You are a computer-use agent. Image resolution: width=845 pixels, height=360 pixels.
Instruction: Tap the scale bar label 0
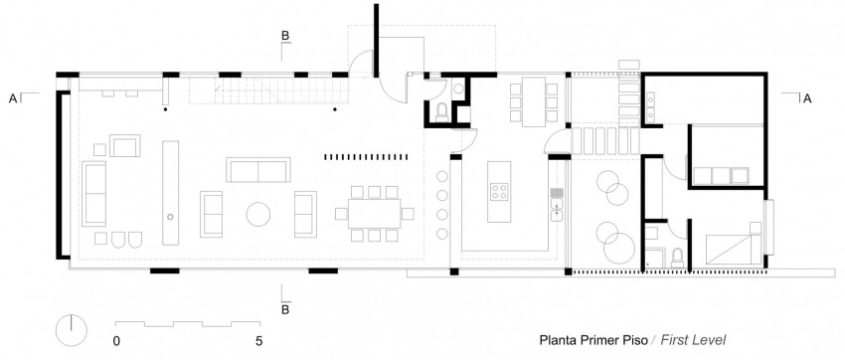coord(117,340)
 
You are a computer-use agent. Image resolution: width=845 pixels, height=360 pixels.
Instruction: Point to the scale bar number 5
coord(258,340)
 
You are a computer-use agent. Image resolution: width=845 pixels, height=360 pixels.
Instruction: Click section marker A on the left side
coord(13,98)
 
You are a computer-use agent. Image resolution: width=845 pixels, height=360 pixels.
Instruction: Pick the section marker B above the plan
coord(285,37)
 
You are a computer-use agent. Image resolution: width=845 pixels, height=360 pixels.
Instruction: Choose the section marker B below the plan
coord(285,307)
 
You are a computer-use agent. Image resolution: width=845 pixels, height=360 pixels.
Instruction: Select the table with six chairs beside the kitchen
coord(527,99)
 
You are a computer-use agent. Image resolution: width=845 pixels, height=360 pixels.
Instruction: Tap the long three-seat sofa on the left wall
coord(95,193)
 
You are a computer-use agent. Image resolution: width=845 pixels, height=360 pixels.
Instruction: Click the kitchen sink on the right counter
coord(558,208)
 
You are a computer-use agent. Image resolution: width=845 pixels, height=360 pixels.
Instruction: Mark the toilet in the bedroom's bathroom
coord(675,257)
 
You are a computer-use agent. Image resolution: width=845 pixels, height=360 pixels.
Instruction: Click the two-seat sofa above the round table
coord(257,170)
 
